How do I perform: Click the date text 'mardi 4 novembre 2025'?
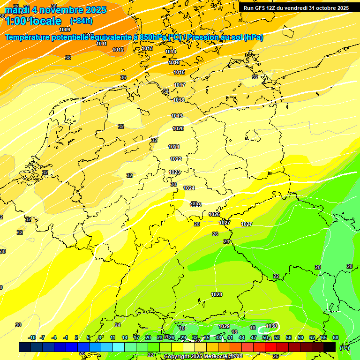pyautogui.click(x=55, y=10)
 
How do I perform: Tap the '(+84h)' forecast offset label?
pyautogui.click(x=81, y=21)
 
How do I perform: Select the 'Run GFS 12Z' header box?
pyautogui.click(x=296, y=8)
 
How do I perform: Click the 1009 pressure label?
pyautogui.click(x=65, y=30)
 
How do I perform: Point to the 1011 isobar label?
pyautogui.click(x=101, y=44)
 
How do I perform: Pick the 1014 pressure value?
pyautogui.click(x=171, y=52)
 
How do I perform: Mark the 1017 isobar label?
pyautogui.click(x=180, y=85)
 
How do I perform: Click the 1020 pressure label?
pyautogui.click(x=178, y=128)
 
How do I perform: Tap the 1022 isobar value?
pyautogui.click(x=176, y=159)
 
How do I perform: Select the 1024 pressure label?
pyautogui.click(x=189, y=188)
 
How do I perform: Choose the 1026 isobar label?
pyautogui.click(x=214, y=214)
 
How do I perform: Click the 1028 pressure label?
pyautogui.click(x=217, y=294)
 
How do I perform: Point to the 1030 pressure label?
pyautogui.click(x=271, y=326)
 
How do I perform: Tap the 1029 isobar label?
pyautogui.click(x=224, y=326)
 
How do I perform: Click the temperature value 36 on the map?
pyautogui.click(x=123, y=77)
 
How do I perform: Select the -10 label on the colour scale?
pyautogui.click(x=32, y=337)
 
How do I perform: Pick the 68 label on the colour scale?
pyautogui.click(x=335, y=337)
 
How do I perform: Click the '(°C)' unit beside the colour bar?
pyautogui.click(x=345, y=348)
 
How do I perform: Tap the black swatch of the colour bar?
pyautogui.click(x=330, y=347)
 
